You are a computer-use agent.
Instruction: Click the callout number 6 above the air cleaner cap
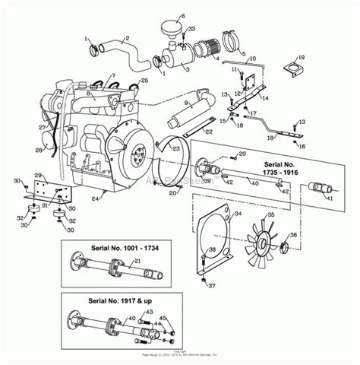tap(182, 16)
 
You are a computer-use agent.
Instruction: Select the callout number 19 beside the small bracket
tap(301, 58)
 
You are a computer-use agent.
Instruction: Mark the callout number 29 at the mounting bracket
tap(36, 176)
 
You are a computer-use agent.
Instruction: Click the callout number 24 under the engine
tap(96, 199)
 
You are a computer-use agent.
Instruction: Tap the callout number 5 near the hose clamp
tap(242, 54)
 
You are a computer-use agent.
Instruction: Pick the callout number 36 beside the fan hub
tap(295, 235)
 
